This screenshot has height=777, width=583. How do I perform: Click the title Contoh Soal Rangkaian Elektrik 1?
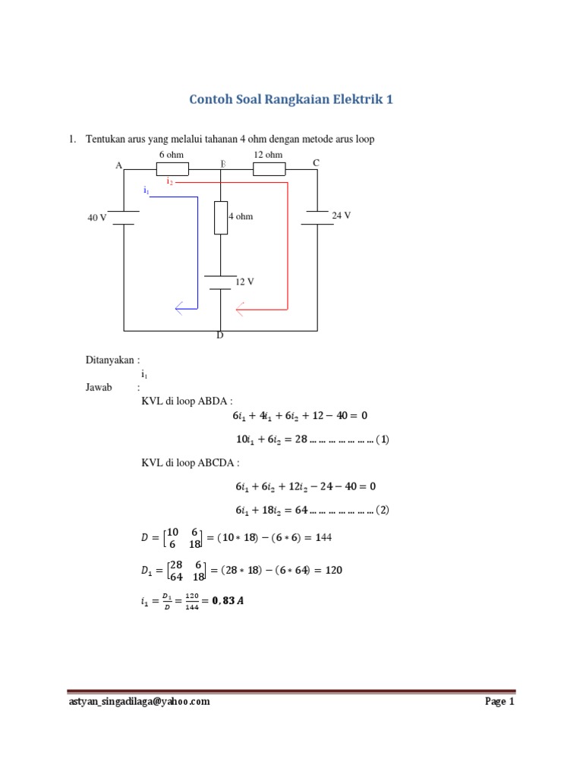click(x=291, y=99)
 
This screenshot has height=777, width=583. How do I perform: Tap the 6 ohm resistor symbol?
click(x=172, y=168)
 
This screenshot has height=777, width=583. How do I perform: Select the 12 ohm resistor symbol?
click(x=268, y=168)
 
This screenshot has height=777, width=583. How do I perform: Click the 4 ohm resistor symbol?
click(x=221, y=218)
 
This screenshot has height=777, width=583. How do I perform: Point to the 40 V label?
click(x=97, y=218)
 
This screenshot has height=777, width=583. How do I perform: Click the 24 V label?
click(x=342, y=215)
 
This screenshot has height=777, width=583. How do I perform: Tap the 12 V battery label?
click(x=244, y=282)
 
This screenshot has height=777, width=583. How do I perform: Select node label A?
click(x=118, y=165)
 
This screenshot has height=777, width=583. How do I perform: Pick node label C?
click(x=316, y=163)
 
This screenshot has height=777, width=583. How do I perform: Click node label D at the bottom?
click(x=220, y=335)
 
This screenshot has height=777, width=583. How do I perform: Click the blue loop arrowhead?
click(x=179, y=308)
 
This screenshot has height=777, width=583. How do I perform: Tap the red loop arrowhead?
click(x=241, y=309)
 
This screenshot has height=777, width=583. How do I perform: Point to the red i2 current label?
click(x=170, y=182)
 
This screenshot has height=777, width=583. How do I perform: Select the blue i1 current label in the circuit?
click(x=146, y=191)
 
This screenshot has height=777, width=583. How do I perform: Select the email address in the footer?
click(x=140, y=702)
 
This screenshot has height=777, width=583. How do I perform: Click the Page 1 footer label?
click(x=499, y=702)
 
